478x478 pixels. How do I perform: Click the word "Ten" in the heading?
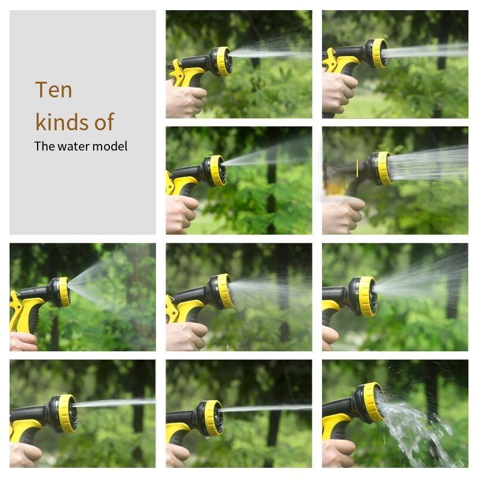[54, 90]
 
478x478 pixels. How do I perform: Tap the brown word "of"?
[104, 122]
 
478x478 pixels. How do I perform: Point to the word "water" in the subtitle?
[74, 146]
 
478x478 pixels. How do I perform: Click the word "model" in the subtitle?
[110, 146]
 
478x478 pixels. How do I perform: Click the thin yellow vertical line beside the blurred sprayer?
[357, 168]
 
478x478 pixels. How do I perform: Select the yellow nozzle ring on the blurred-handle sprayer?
[384, 168]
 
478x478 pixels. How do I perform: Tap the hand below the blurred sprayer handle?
[343, 216]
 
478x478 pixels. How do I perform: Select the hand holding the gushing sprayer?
[338, 454]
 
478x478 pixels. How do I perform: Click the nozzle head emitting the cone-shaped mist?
[59, 292]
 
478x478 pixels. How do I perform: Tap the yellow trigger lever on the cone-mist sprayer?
[16, 308]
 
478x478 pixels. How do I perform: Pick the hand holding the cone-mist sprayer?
[23, 342]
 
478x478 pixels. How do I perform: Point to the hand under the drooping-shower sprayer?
[186, 336]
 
